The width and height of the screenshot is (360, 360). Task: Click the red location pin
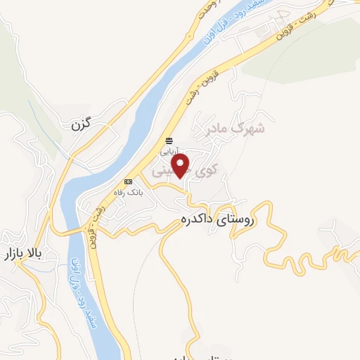[x=182, y=166]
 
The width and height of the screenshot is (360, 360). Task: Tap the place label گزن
[x=82, y=126]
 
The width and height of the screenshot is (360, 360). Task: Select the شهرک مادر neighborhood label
[x=234, y=129]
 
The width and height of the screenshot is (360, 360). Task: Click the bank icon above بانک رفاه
[x=128, y=181]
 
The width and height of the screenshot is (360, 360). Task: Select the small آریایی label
[x=169, y=150]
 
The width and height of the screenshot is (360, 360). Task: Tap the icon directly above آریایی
[x=169, y=139]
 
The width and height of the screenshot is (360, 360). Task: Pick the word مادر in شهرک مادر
[x=214, y=129]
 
